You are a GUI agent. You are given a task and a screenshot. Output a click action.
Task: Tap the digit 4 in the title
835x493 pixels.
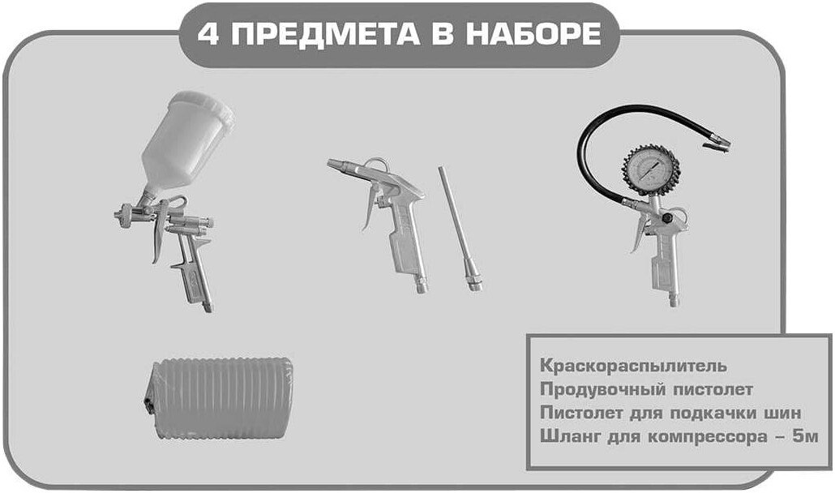(207, 35)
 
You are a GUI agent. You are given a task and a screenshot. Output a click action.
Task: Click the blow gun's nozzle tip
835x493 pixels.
(332, 164)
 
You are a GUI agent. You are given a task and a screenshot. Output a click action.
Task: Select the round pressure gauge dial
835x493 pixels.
(651, 171)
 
